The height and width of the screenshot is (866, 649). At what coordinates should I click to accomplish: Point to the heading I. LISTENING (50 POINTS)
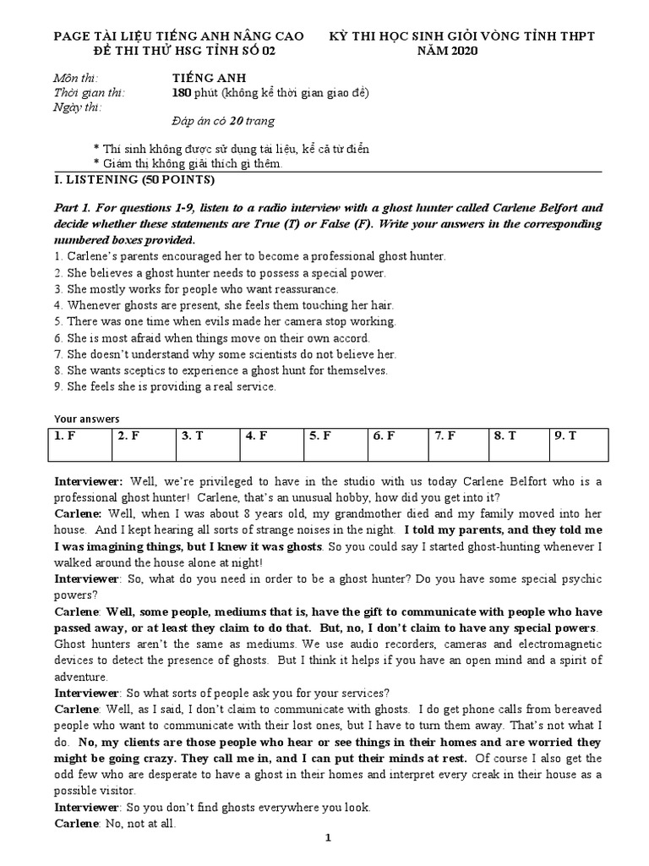tap(134, 180)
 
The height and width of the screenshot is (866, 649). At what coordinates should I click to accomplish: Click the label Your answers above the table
tap(87, 419)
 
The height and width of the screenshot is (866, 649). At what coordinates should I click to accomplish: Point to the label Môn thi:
tap(74, 78)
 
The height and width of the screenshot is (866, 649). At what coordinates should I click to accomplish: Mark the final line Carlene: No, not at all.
tap(114, 823)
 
